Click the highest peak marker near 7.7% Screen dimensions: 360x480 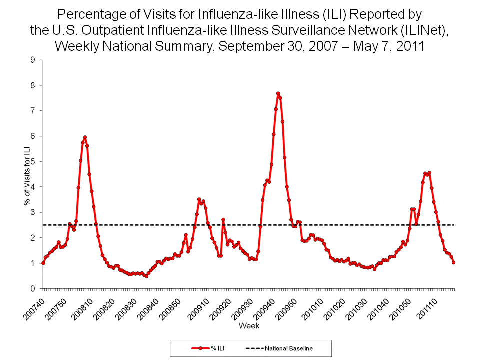[x=278, y=93]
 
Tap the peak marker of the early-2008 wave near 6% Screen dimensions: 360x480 [x=85, y=137]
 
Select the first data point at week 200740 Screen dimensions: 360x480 [x=43, y=263]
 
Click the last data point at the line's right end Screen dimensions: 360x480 [x=453, y=262]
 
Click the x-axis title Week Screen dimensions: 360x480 [x=248, y=325]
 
